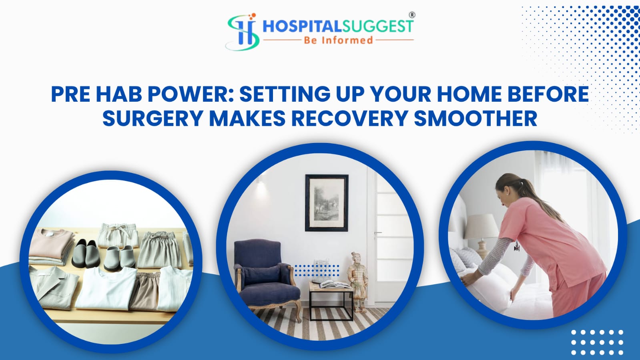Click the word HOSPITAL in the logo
(x=302, y=26)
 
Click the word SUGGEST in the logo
(x=377, y=26)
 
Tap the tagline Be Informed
(x=338, y=40)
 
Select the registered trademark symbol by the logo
(x=412, y=15)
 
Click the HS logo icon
(x=243, y=32)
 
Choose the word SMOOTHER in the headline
(x=475, y=118)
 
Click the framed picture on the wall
(x=327, y=203)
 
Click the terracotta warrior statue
(x=357, y=282)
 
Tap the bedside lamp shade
(x=482, y=227)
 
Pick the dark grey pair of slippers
(x=85, y=253)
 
